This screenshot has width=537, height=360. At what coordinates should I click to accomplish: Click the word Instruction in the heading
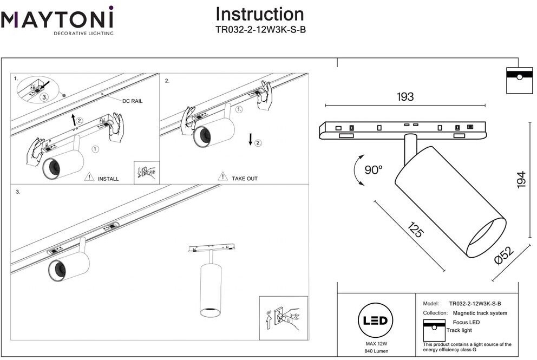click(x=260, y=15)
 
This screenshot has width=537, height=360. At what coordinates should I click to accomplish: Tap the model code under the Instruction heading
click(x=260, y=30)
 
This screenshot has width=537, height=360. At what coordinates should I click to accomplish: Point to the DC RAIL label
click(x=132, y=101)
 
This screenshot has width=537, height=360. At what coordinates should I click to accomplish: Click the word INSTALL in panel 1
click(x=108, y=179)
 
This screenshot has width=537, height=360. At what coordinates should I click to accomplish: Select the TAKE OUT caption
click(x=245, y=179)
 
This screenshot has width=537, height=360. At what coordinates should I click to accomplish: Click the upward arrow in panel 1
click(x=73, y=120)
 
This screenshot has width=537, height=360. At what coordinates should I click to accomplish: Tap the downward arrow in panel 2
click(x=250, y=140)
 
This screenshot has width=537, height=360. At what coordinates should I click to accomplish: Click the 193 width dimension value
click(x=405, y=96)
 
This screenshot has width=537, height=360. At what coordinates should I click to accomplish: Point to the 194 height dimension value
click(x=521, y=180)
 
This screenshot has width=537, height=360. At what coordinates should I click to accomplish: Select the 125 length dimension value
click(x=416, y=230)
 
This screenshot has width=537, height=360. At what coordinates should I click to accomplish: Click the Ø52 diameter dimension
click(x=504, y=256)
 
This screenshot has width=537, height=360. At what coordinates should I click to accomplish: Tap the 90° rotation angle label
click(x=374, y=169)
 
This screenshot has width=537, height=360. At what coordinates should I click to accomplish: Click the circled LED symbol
click(x=375, y=320)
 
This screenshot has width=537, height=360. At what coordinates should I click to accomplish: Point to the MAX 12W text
click(x=376, y=344)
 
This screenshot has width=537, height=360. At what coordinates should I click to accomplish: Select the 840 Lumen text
click(x=376, y=351)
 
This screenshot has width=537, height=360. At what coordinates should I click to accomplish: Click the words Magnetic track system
click(x=480, y=313)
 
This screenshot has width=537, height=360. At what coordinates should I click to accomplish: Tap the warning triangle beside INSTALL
click(x=89, y=176)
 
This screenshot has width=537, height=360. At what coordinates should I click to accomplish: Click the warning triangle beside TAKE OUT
click(x=222, y=176)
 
